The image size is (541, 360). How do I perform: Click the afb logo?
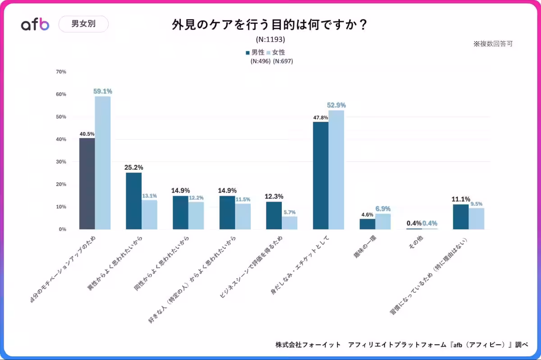tap(35, 24)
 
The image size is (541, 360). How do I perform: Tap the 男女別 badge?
tap(83, 24)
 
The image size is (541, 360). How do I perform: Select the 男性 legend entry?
tap(255, 52)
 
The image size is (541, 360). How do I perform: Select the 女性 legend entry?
tap(276, 52)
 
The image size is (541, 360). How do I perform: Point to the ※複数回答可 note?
tap(493, 44)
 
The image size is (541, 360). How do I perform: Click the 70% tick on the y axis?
tap(61, 72)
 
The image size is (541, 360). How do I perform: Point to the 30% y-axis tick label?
tap(61, 162)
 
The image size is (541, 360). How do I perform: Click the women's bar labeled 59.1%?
tap(102, 162)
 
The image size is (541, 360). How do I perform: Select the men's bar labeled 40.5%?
tap(87, 184)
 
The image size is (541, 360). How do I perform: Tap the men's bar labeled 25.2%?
tap(133, 201)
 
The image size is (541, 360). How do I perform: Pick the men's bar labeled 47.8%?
tap(321, 175)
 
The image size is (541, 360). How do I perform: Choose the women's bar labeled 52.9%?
tap(336, 170)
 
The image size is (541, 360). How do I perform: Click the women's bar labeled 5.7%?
tap(289, 223)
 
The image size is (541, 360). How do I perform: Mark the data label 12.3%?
tap(274, 196)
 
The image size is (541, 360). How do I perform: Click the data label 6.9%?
tap(383, 209)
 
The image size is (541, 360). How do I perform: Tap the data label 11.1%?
tap(461, 199)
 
